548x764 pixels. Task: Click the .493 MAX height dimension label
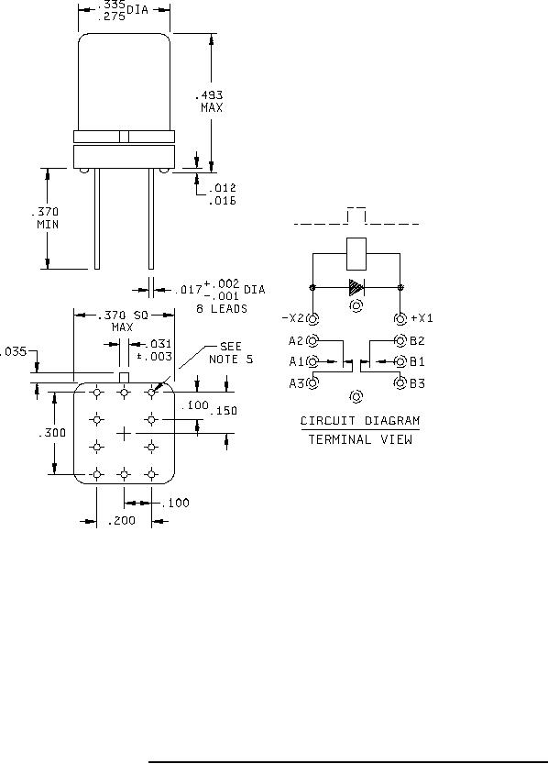[x=212, y=101]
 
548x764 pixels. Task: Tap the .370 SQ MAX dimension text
[x=123, y=321]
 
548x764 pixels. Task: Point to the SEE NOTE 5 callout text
[x=231, y=353]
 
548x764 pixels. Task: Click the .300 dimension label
[x=52, y=432]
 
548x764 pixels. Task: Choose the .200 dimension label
[x=122, y=520]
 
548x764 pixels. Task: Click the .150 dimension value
[x=224, y=411]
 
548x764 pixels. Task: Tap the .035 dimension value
[x=13, y=351]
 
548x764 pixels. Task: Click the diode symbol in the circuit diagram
[x=356, y=287]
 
